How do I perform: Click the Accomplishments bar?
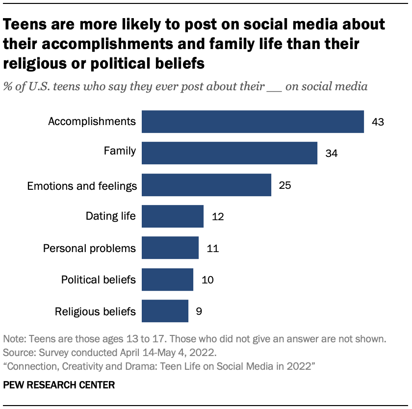point(253,121)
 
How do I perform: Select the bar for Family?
point(230,153)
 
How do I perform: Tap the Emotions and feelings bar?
point(206,185)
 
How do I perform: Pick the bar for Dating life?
point(173,216)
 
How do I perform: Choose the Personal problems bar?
point(170,248)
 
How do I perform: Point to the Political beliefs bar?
point(167,280)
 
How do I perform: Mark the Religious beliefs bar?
point(165,311)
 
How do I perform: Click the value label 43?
point(377,122)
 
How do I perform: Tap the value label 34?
point(331,153)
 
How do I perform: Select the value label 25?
point(285,185)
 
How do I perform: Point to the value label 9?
point(199,311)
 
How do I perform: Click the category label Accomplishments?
point(92,121)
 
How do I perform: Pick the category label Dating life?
point(110,216)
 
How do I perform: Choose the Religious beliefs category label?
point(95,311)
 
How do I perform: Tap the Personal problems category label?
point(89,248)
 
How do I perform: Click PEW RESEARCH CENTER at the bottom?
point(59,385)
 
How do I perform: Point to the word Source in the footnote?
point(17,352)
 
